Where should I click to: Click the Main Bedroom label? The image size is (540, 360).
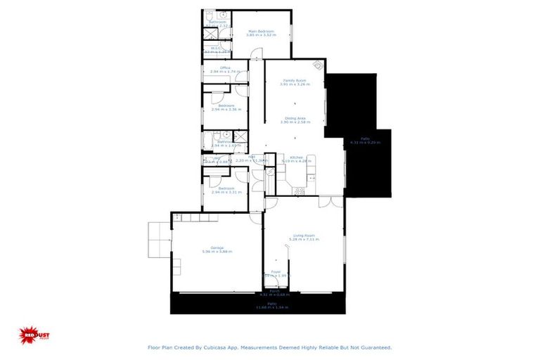pos(260,31)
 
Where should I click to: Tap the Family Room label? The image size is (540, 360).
pos(294,81)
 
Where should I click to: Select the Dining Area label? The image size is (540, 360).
pos(294,119)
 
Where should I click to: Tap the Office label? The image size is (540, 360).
pos(225,68)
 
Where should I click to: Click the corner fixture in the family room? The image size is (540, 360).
pos(319,65)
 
